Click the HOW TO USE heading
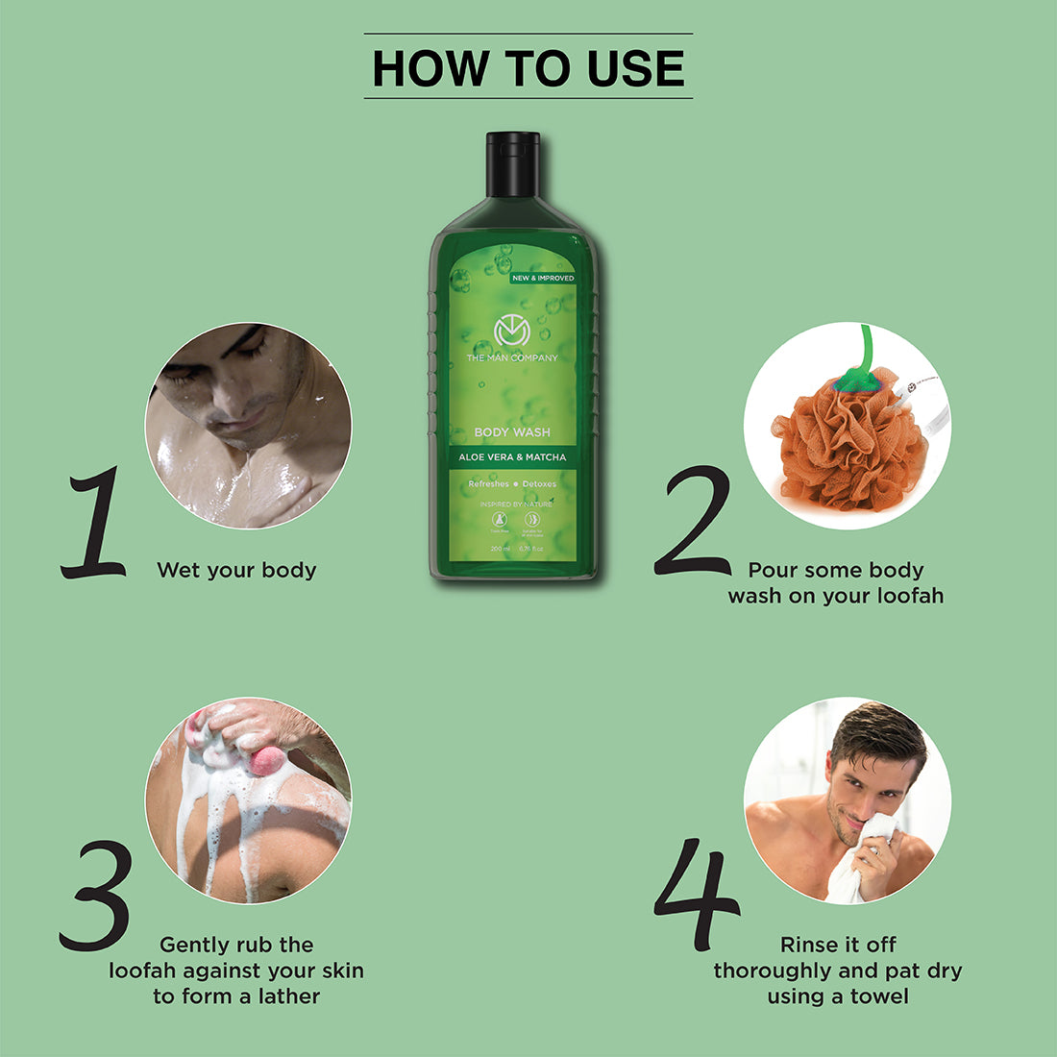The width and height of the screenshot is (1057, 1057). (x=528, y=68)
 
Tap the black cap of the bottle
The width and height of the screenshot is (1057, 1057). (x=512, y=163)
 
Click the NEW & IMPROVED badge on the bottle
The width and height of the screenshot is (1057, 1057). (x=543, y=278)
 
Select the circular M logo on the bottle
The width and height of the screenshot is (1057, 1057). (x=512, y=332)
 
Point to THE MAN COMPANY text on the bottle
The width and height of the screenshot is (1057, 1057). (x=512, y=357)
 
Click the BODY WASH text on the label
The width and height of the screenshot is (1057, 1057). (x=512, y=432)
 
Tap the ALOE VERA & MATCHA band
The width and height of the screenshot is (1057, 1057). (x=512, y=457)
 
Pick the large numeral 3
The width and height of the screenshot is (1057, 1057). (x=96, y=896)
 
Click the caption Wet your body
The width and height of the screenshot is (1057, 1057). (x=236, y=570)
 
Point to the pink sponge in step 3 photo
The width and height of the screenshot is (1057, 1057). (x=268, y=761)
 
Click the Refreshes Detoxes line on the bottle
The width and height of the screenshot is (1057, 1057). (x=512, y=484)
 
